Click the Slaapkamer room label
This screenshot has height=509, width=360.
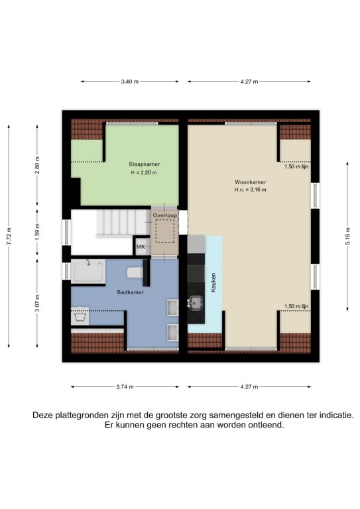(x=144, y=164)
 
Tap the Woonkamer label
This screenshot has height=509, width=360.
(x=251, y=182)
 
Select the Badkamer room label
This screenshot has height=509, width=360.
(x=131, y=292)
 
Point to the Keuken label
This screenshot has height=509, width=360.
(x=213, y=282)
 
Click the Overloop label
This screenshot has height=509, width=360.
(x=165, y=215)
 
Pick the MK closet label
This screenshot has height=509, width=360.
(x=141, y=247)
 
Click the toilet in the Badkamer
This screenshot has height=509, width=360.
(x=135, y=272)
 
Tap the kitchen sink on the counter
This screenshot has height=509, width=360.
(x=196, y=303)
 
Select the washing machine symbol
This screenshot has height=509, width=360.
(x=80, y=316)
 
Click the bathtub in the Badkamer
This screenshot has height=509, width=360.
(x=88, y=271)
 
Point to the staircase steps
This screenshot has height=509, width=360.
(x=122, y=223)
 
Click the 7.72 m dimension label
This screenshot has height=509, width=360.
(x=9, y=237)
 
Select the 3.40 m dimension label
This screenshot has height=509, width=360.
(x=130, y=82)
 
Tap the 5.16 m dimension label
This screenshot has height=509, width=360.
(x=347, y=236)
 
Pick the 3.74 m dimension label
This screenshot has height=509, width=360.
(x=125, y=386)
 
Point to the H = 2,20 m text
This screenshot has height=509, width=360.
(x=144, y=173)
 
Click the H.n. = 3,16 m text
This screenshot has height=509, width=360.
(x=251, y=190)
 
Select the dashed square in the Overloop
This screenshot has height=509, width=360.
(x=165, y=231)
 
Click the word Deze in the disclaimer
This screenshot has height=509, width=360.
(x=42, y=415)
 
